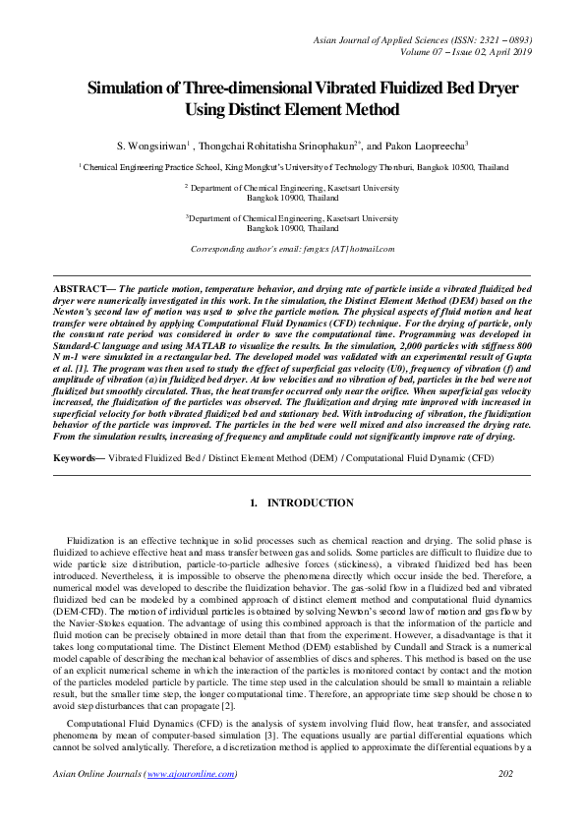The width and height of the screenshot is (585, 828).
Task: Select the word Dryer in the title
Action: [492, 88]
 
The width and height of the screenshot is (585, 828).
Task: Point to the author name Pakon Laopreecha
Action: [425, 145]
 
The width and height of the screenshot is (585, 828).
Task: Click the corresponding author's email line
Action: [292, 249]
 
